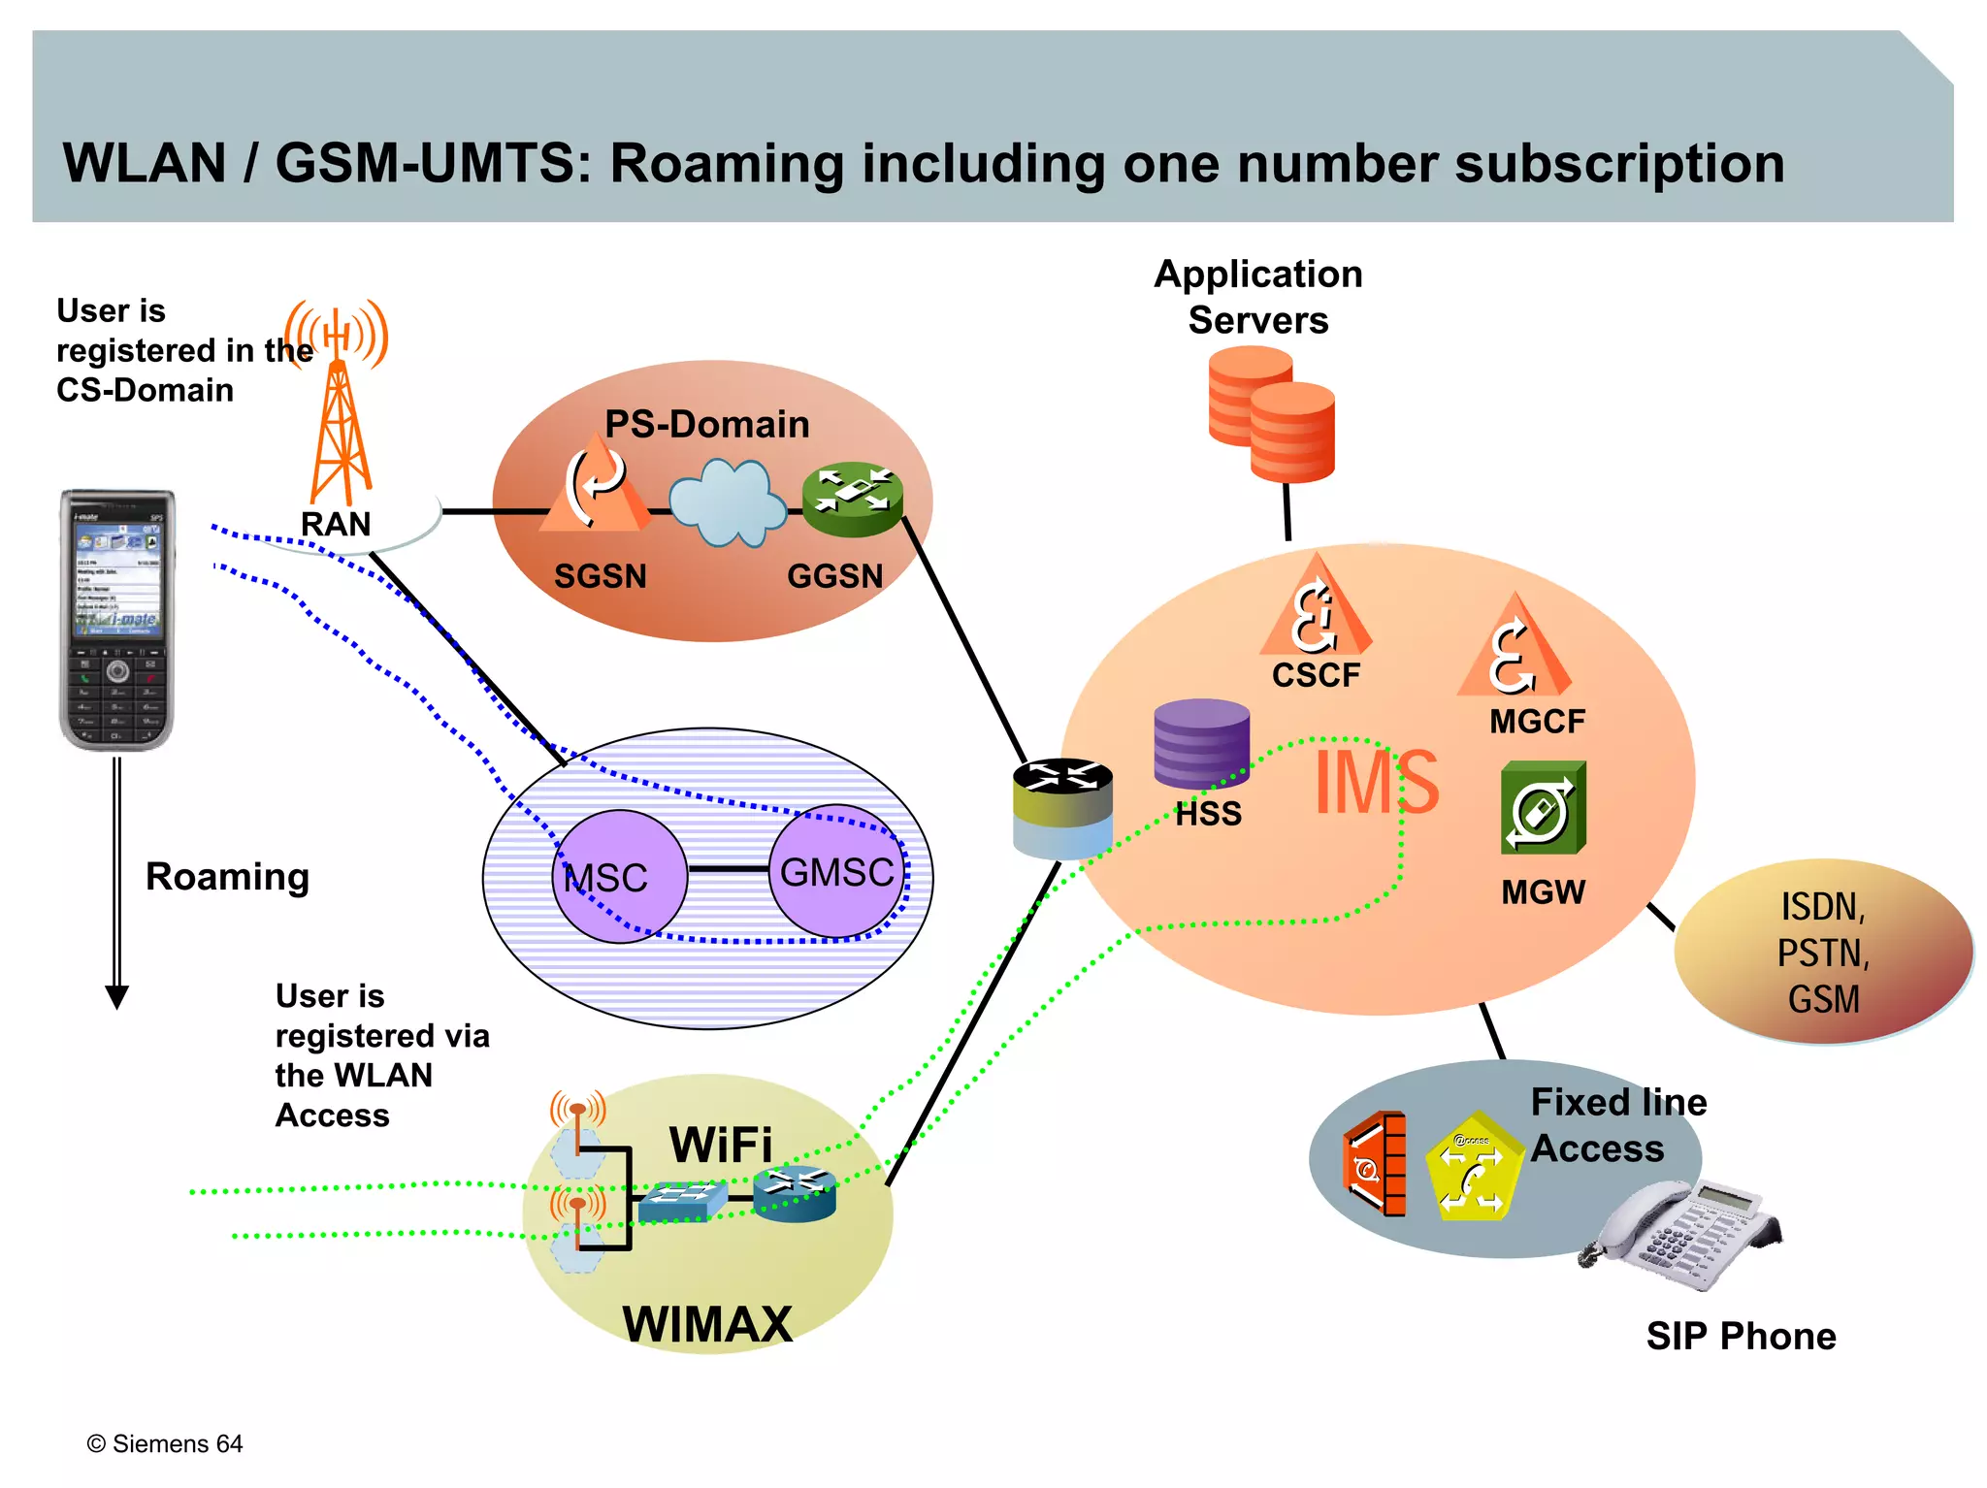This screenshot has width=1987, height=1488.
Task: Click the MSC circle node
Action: point(619,876)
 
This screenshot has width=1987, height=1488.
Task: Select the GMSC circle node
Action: point(836,871)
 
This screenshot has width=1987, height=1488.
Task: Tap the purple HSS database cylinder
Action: point(1201,744)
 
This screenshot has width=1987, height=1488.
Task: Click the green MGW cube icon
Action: point(1543,808)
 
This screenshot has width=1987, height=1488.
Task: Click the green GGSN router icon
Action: point(853,499)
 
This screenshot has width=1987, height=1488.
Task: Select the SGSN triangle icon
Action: point(595,486)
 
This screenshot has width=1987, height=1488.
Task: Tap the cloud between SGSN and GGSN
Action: point(728,502)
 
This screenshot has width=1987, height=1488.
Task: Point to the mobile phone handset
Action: point(117,620)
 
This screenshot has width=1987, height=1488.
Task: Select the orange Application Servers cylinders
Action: point(1271,415)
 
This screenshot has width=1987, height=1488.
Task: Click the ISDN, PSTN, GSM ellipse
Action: point(1823,952)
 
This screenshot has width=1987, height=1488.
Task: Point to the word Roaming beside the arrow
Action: point(227,876)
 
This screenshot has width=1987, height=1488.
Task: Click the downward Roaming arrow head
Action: point(116,996)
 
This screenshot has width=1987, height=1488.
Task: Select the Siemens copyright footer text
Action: point(165,1443)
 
